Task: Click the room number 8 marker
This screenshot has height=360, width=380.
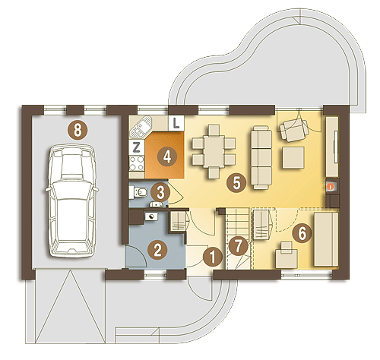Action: [x=78, y=131]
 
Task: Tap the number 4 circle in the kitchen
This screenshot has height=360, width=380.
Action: [x=167, y=156]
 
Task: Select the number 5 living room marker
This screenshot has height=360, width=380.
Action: [x=236, y=182]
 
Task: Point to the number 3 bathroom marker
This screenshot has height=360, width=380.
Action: [x=160, y=193]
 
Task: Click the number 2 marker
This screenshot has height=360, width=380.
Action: [x=157, y=250]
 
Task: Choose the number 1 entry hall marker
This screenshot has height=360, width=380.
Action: [x=213, y=257]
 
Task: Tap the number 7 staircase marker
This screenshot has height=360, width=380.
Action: [x=238, y=246]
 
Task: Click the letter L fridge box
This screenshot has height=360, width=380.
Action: [x=176, y=123]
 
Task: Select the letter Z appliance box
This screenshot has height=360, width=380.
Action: [x=136, y=147]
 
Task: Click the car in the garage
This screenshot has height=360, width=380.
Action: [x=72, y=201]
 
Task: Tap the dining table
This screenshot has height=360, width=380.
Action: [x=214, y=151]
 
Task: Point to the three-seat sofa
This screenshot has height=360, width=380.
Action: [x=261, y=157]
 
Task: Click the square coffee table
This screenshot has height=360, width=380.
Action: [x=293, y=157]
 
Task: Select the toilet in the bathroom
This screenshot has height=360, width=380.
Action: [x=138, y=192]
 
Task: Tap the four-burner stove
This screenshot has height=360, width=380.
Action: [x=137, y=163]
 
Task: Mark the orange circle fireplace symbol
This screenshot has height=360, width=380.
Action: [x=330, y=187]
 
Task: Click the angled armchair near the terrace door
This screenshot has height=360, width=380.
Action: [x=294, y=130]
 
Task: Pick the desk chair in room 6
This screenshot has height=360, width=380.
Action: [x=287, y=254]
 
